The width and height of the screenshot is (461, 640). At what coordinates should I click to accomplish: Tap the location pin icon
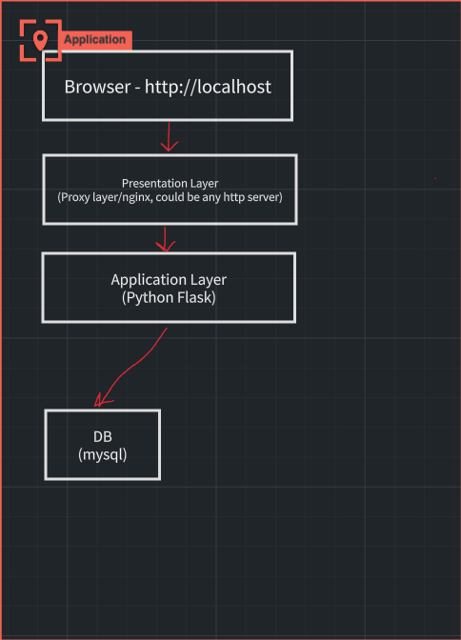[x=40, y=41]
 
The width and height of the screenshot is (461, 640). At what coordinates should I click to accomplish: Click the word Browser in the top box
[x=97, y=87]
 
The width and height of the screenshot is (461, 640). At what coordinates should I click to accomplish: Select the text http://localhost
[x=208, y=87]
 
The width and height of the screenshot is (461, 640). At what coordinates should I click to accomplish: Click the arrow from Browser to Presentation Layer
[x=169, y=137]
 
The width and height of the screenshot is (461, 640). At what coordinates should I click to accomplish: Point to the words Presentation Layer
[x=170, y=183]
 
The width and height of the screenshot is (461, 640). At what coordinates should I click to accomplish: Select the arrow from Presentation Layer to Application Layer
[x=165, y=239]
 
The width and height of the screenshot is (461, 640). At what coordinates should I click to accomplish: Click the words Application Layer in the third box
[x=169, y=280]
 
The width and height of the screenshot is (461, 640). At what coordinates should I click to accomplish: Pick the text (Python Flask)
[x=169, y=297]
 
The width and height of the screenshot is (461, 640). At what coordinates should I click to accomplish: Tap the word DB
[x=103, y=437]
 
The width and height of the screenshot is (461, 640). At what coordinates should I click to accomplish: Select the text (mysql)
[x=103, y=454]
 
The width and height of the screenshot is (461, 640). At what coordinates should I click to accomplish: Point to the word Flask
[x=194, y=297]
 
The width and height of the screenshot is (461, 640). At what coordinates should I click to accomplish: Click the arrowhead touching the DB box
[x=101, y=400]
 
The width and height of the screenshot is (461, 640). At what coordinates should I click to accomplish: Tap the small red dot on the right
[x=435, y=178]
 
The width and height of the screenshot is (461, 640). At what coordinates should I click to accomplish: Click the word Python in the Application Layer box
[x=145, y=297]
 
